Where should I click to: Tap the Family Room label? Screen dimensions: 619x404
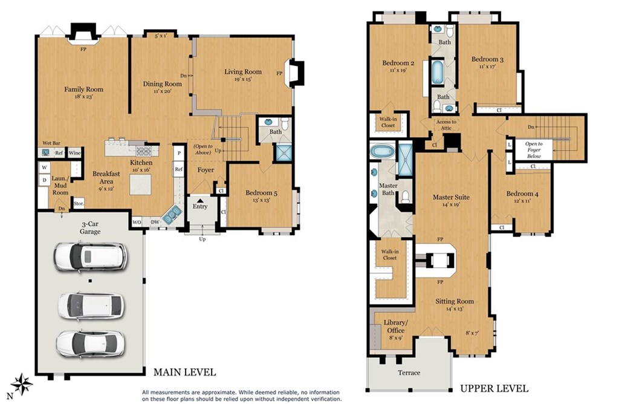(x=83, y=90)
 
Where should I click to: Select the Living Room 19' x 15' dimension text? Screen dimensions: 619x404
(x=243, y=79)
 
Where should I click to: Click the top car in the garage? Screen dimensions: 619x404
(x=91, y=257)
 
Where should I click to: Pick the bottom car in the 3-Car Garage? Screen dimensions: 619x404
(x=91, y=344)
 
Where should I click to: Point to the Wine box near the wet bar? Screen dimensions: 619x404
(x=74, y=153)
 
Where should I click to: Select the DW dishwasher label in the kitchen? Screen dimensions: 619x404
(x=155, y=222)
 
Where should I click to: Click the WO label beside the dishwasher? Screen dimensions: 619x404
(x=137, y=222)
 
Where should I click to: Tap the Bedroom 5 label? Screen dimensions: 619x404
(x=261, y=193)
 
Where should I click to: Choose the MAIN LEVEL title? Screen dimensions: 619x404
(x=185, y=372)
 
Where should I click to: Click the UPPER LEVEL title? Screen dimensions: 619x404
(x=494, y=389)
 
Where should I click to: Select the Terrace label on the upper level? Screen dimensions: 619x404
(x=409, y=373)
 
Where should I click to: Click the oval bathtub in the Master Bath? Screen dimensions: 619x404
(x=382, y=151)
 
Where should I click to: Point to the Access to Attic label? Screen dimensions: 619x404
(x=446, y=125)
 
